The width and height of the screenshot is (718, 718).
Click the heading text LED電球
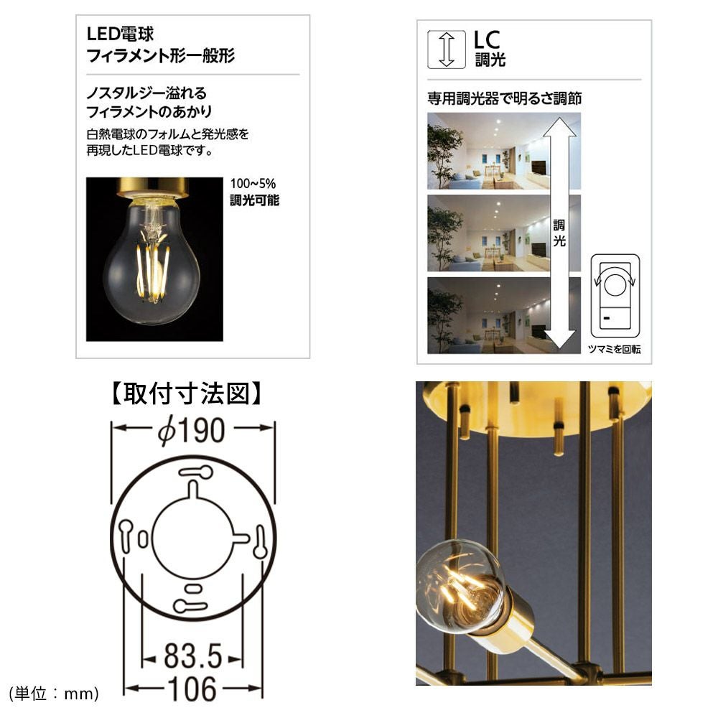120,34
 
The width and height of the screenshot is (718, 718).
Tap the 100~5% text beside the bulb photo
253,184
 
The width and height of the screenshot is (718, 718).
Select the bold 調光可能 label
254,200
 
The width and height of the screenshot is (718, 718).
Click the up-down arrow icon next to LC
446,50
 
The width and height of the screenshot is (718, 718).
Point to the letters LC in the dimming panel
486,39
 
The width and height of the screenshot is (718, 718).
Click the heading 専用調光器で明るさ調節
504,98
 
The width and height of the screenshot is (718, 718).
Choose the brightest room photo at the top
504,151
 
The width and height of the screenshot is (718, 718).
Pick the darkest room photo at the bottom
504,315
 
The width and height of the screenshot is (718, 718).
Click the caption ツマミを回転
614,350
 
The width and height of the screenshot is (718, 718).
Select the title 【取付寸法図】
187,393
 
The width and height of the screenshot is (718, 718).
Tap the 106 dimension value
192,689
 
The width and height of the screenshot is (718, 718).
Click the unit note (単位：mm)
54,694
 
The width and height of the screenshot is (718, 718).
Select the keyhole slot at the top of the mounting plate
195,472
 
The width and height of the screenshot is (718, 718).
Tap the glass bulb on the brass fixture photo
458,586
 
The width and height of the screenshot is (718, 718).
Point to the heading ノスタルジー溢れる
146,93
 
